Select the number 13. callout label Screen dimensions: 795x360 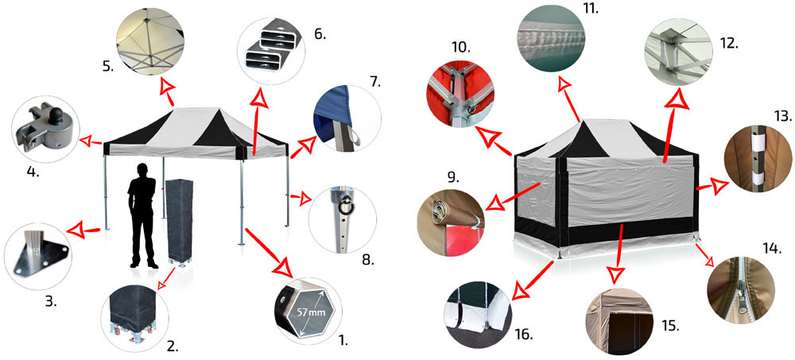(783, 118)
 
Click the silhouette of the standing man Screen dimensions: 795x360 (142, 215)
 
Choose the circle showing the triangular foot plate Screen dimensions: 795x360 (38, 257)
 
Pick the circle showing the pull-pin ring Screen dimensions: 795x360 (342, 219)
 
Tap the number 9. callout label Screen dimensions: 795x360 (453, 177)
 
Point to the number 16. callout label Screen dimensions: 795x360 (524, 335)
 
